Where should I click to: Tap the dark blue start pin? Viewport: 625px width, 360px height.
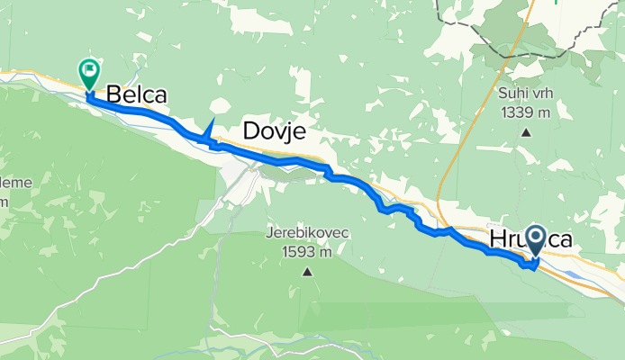coord(536,240)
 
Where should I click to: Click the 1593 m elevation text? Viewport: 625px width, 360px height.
coord(306,252)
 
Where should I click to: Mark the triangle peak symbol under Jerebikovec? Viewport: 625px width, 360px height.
coord(306,272)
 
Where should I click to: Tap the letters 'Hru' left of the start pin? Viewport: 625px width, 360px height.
coord(507,239)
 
